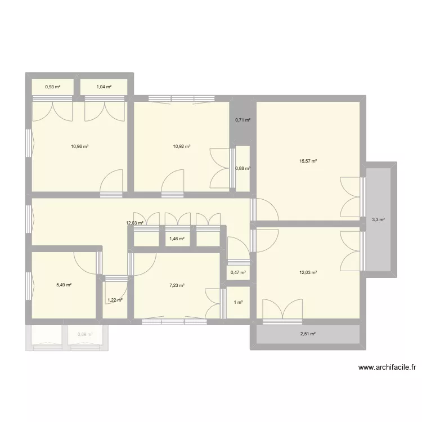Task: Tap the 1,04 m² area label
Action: pos(104,87)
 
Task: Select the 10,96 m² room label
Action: pos(79,146)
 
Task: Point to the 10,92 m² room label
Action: pos(181,146)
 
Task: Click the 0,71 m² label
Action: pos(243,120)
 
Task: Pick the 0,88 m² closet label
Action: pos(243,168)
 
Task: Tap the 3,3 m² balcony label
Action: pos(378,219)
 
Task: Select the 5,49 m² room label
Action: pos(64,285)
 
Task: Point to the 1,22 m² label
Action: pos(114,300)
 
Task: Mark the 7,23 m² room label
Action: pos(177,285)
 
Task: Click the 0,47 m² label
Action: pos(238,273)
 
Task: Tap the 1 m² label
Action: pos(238,302)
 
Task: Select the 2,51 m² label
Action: pos(307,334)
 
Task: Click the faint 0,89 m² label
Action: pos(85,335)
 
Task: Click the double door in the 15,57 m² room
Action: pos(350,197)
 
